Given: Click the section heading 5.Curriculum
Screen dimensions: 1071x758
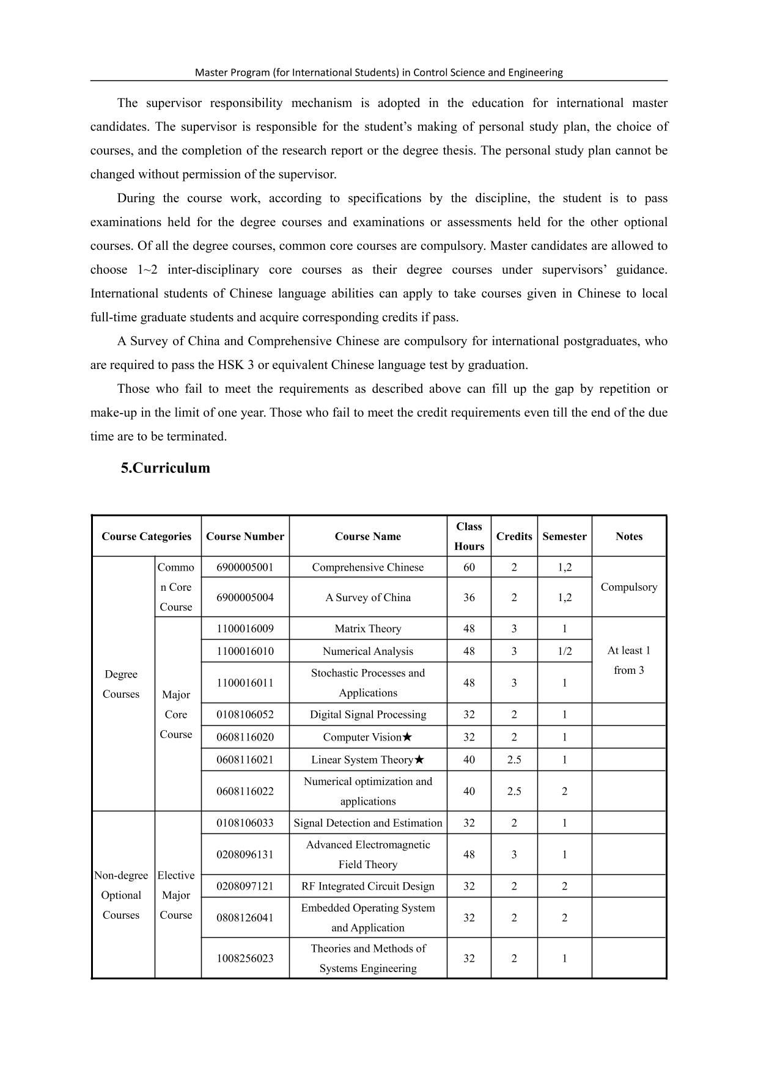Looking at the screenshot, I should pyautogui.click(x=165, y=468).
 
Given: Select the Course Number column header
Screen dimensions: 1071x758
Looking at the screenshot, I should pyautogui.click(x=245, y=536).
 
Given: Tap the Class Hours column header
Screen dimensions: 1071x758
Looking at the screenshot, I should pyautogui.click(x=469, y=536).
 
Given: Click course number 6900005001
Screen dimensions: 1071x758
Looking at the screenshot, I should pyautogui.click(x=245, y=567).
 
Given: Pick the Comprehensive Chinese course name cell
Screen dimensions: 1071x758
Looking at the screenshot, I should pyautogui.click(x=367, y=567).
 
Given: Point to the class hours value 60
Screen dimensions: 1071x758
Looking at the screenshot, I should pyautogui.click(x=469, y=567).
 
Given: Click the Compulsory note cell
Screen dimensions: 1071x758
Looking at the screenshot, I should pyautogui.click(x=628, y=587).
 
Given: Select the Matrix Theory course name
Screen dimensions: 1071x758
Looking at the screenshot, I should pyautogui.click(x=367, y=629).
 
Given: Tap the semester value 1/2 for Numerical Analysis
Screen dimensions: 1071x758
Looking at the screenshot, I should pyautogui.click(x=564, y=651).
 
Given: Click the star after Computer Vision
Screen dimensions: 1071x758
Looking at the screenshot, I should pyautogui.click(x=407, y=737).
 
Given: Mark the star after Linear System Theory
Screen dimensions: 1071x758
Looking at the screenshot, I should pyautogui.click(x=419, y=759).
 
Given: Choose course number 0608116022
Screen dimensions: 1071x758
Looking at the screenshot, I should pyautogui.click(x=245, y=791).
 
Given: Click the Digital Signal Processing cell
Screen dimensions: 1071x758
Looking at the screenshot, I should pyautogui.click(x=367, y=714).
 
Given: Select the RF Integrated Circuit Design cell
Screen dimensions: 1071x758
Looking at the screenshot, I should pyautogui.click(x=367, y=886).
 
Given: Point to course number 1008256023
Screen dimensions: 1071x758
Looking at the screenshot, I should pyautogui.click(x=245, y=958).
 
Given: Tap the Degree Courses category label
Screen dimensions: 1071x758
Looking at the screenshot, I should pyautogui.click(x=121, y=684).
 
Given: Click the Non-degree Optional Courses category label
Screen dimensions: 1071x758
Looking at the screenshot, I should pyautogui.click(x=121, y=895).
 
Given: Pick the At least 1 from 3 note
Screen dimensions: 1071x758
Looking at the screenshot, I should pyautogui.click(x=628, y=660).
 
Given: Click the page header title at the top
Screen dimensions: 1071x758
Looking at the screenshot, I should pyautogui.click(x=378, y=72).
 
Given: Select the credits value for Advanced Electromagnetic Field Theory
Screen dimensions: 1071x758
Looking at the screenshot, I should pyautogui.click(x=513, y=854).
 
